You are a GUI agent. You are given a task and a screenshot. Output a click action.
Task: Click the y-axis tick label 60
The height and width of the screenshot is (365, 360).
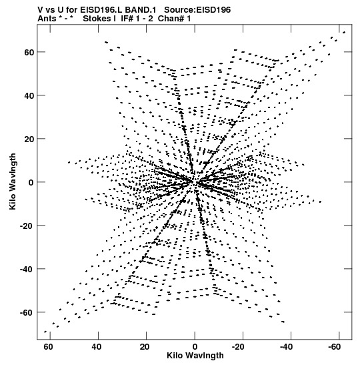click(29, 52)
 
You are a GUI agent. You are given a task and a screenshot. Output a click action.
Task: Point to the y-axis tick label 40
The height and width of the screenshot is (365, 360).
click(29, 95)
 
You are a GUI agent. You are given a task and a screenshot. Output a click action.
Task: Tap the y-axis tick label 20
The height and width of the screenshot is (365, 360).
click(29, 139)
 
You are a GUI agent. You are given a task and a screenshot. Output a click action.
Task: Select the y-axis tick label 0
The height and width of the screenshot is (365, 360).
click(31, 182)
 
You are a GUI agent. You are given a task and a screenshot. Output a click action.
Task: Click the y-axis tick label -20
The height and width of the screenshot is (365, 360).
click(27, 226)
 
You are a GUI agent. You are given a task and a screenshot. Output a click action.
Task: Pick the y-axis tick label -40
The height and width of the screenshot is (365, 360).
click(27, 269)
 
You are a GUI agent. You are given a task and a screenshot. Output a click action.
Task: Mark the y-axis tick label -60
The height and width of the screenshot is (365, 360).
click(27, 312)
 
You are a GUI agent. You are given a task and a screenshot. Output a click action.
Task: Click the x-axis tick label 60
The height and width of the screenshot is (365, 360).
click(48, 347)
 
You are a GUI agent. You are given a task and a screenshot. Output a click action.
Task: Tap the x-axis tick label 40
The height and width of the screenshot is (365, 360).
click(96, 347)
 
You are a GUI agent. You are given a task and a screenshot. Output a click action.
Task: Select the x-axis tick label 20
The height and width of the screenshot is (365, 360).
click(145, 347)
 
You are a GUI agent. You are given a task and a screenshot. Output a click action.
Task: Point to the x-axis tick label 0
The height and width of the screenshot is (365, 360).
click(195, 347)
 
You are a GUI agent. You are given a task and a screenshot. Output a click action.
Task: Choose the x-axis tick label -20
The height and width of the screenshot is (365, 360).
click(238, 347)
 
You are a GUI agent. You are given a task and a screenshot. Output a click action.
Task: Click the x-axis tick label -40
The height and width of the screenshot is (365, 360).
click(286, 347)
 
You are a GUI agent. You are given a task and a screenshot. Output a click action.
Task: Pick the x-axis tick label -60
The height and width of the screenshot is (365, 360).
click(335, 347)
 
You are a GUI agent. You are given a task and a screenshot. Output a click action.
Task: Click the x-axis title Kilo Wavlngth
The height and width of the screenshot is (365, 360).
click(195, 356)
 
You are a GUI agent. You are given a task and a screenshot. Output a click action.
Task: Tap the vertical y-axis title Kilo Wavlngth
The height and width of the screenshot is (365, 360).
click(13, 181)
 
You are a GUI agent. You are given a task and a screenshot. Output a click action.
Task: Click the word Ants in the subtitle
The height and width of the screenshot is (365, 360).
click(47, 19)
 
